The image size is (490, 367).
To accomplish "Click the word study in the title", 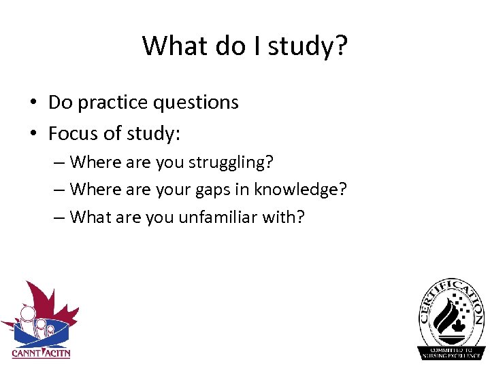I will pos(301,46).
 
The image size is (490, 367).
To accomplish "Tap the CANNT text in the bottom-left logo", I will pos(25,353).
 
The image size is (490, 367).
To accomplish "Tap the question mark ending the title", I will pos(340,46).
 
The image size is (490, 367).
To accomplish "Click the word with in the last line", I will pos(289,217).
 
